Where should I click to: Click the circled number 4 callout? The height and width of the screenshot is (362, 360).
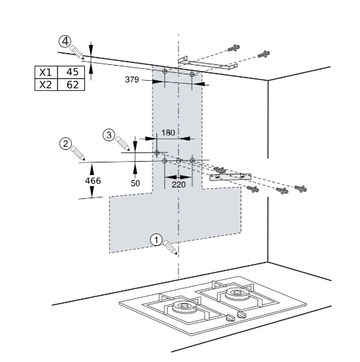click(x=65, y=42)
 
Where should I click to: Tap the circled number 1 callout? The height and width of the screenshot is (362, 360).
click(x=156, y=240)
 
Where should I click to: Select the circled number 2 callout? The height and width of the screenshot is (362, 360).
click(x=66, y=144)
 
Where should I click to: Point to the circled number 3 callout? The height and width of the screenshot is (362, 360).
click(x=109, y=135)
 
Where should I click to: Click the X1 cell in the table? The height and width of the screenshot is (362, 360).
click(x=46, y=72)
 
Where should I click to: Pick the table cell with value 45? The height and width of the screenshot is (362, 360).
click(x=71, y=72)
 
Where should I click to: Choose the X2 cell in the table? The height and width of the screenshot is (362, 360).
click(x=46, y=84)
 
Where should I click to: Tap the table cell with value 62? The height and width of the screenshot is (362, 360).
click(x=71, y=84)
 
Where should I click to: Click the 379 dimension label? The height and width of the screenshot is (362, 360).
click(x=132, y=80)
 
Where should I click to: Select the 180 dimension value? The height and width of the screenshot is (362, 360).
click(x=168, y=133)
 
